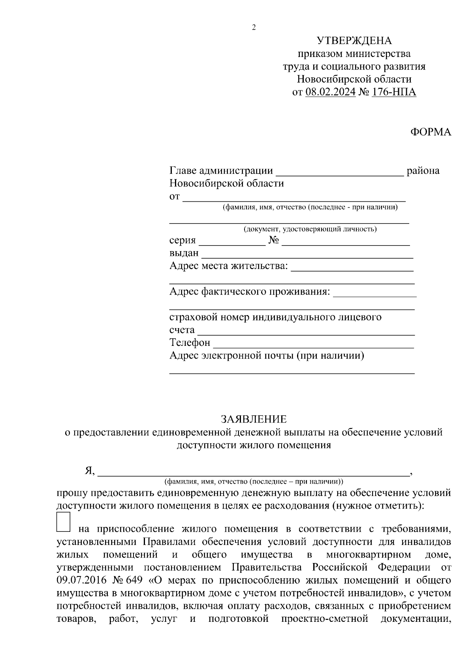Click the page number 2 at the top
(x=254, y=28)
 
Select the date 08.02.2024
(x=330, y=92)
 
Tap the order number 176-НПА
(x=394, y=92)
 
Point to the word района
(x=423, y=171)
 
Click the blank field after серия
(x=232, y=241)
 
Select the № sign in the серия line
(x=274, y=240)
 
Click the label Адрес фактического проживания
(x=250, y=292)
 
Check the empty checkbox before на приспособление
(x=64, y=522)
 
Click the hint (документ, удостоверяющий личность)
(x=310, y=229)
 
